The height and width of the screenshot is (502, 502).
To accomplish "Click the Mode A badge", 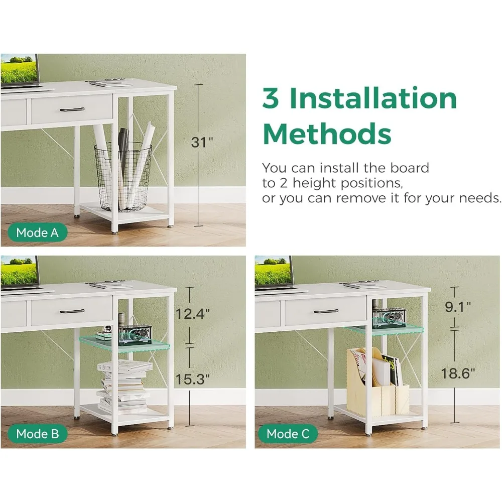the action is tap(38, 232).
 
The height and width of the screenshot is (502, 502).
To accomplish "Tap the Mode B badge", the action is tap(38, 434).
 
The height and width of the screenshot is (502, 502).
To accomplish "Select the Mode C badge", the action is tap(288, 434).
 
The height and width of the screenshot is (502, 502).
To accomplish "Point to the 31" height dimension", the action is tap(202, 142).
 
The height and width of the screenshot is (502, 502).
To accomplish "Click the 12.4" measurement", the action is tap(192, 314).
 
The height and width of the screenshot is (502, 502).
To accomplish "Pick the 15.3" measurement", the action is tap(192, 380).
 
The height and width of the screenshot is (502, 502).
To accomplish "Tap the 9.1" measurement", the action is tap(458, 307).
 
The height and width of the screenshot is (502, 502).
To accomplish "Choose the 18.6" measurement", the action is tap(458, 373).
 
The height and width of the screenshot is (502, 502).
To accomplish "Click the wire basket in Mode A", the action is tap(123, 176).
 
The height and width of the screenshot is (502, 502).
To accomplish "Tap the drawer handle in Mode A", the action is tap(72, 110).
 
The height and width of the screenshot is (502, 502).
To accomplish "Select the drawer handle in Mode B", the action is tap(72, 311).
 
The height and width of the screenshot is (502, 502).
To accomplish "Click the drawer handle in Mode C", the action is tap(326, 311).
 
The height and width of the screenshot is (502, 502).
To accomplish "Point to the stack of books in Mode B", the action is tap(124, 386).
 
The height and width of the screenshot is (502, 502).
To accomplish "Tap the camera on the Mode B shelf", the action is tap(135, 335).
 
